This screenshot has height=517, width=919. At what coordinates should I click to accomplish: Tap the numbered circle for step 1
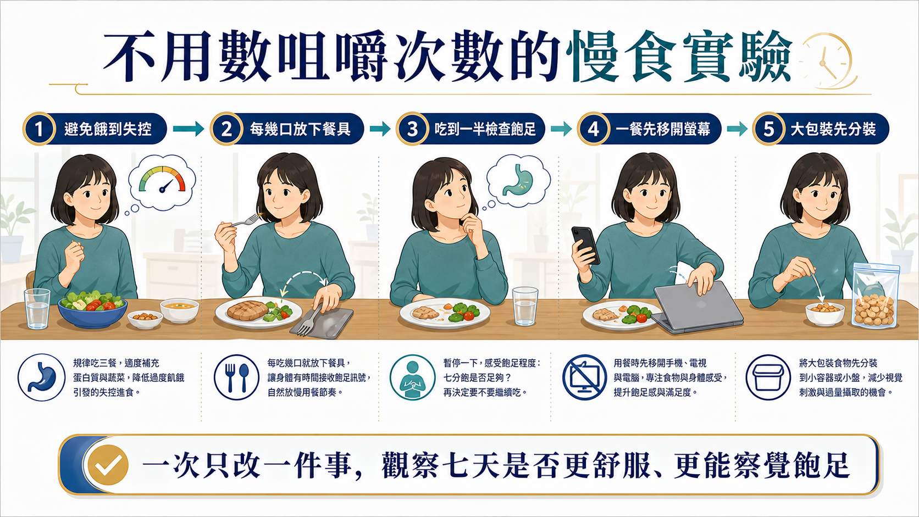click(39, 129)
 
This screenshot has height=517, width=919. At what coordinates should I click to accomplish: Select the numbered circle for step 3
click(412, 129)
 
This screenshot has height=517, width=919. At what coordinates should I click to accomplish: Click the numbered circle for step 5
click(769, 129)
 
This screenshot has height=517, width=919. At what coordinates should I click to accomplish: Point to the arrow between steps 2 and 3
click(380, 129)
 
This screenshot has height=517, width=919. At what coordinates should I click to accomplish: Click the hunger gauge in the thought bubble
click(163, 180)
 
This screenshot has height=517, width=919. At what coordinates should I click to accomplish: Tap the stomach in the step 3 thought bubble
click(518, 180)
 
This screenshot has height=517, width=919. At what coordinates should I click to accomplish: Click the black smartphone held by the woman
click(586, 245)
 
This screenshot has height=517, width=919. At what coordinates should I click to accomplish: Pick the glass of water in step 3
click(525, 306)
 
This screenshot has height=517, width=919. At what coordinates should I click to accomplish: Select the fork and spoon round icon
click(236, 377)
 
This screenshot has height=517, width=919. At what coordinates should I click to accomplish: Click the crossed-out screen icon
click(584, 377)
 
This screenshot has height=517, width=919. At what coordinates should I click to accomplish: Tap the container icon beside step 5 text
click(768, 377)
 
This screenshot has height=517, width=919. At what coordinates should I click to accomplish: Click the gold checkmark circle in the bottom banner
click(108, 465)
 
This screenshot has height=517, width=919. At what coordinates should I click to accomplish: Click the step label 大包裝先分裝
click(833, 129)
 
